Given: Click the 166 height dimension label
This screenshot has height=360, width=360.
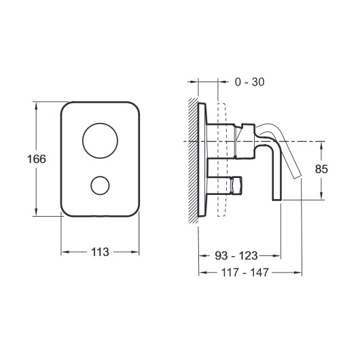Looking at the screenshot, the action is pos(37,159).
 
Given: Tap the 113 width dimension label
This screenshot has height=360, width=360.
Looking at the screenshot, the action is pos(100,252).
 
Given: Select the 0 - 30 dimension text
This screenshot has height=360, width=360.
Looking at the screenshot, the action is pos(249,82).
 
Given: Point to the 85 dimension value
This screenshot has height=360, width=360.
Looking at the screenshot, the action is pos(321,169).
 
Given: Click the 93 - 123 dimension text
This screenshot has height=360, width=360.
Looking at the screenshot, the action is pos(236,255).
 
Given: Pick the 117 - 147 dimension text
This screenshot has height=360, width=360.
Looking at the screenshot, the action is pos(245,272).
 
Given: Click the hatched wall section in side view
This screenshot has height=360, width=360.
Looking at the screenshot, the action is pos(194,160).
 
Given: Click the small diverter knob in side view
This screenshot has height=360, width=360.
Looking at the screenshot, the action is pos(236,185).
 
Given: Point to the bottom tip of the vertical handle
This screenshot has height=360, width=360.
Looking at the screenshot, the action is pos(277,200).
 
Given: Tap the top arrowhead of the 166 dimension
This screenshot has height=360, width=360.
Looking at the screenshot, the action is pos(36,105).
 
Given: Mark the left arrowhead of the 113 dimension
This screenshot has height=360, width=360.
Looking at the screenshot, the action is pos(65,252).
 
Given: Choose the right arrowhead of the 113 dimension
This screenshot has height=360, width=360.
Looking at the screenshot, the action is pos(135,252).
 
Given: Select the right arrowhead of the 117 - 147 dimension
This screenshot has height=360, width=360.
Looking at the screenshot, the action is pos(298,272).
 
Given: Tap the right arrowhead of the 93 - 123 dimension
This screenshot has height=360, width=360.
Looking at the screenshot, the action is pos(276,255).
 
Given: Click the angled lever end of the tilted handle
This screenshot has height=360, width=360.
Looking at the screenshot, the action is pos(297,176).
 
